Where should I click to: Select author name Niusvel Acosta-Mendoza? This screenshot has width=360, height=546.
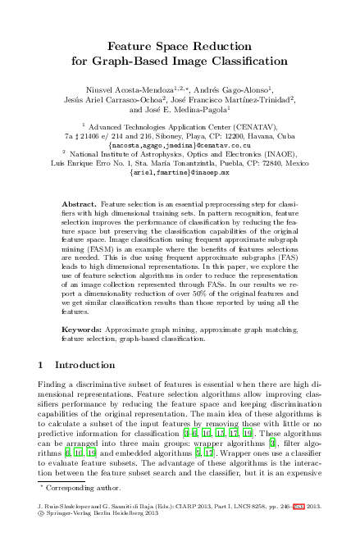tap(128, 89)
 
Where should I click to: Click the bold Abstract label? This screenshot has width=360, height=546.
tap(80, 202)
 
